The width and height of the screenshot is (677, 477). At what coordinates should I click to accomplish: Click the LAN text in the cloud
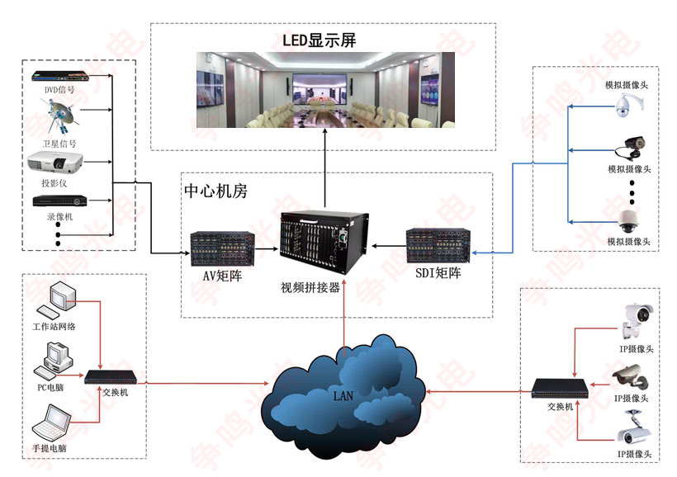[x=343, y=395]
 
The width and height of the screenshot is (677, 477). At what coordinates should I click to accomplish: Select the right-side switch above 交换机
[x=559, y=387]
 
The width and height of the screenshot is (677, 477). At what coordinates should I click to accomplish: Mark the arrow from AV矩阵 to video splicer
[x=265, y=248]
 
